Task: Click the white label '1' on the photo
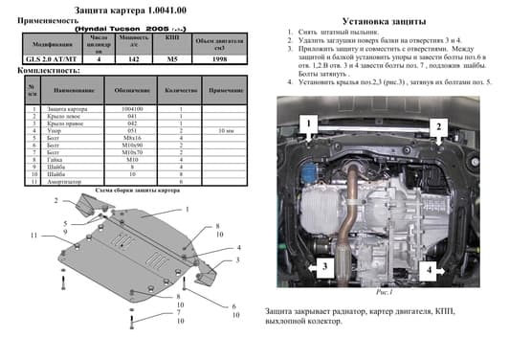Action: [309, 124]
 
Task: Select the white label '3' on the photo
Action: [325, 267]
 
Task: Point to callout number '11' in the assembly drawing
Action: [33, 236]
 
